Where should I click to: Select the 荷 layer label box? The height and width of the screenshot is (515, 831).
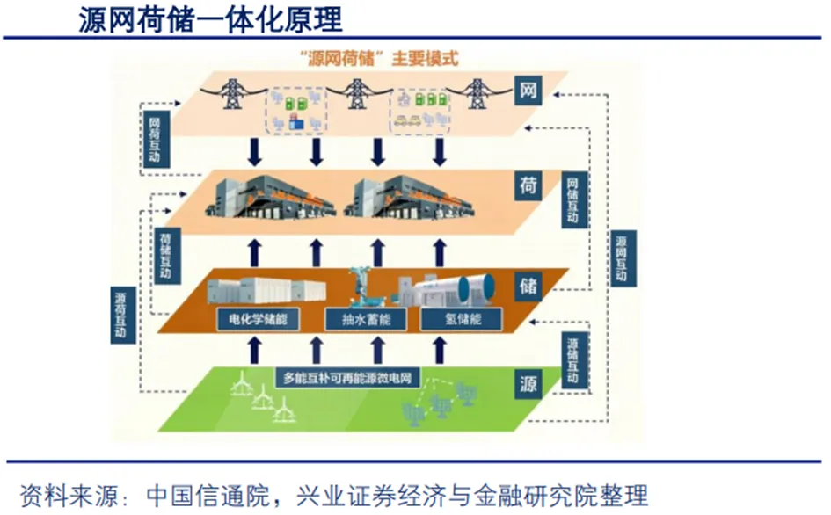528,185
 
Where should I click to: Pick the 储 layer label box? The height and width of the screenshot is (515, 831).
528,285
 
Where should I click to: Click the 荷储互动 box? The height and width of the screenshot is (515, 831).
165,256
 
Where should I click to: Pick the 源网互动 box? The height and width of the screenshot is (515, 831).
621,257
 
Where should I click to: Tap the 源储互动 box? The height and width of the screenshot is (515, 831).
572,360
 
